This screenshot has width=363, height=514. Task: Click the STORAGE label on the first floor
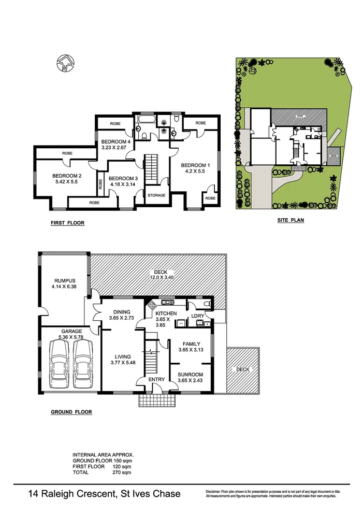coord(156,195)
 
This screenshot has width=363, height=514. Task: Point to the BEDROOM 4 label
coord(114,141)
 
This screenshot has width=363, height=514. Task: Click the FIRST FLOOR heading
coord(67,223)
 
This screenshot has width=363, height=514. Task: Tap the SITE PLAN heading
coord(291,220)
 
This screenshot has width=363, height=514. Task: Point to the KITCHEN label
coord(166,314)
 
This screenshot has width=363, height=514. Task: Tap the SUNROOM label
coord(191,375)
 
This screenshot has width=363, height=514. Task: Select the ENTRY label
coord(156,380)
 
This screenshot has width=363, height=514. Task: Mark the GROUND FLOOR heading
coord(71,412)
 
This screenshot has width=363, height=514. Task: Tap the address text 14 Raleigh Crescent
coord(71,494)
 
